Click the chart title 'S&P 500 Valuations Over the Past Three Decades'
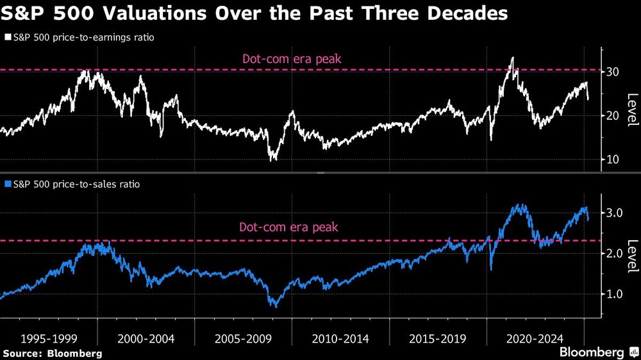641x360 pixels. coord(254,13)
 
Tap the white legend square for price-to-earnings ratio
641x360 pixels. coord(7,38)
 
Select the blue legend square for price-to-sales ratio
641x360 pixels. coord(7,184)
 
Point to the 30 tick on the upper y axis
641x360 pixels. coord(613,72)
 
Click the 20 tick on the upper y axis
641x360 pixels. coord(613,115)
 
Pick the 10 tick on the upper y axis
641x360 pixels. coord(613,159)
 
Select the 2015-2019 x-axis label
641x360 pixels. coord(437,338)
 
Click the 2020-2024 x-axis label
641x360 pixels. coord(535,338)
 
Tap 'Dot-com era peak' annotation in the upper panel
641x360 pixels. coord(292,60)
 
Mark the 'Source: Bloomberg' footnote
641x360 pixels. coord(53,353)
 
